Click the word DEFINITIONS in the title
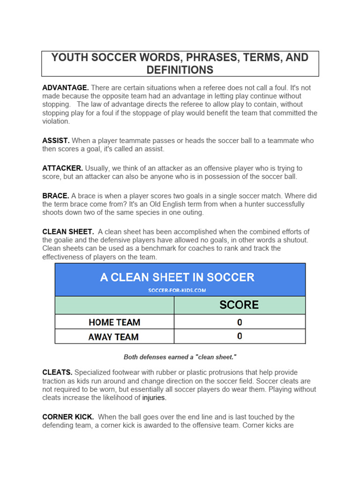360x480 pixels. pyautogui.click(x=180, y=70)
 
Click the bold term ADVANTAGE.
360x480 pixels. pyautogui.click(x=65, y=88)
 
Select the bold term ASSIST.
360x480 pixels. pyautogui.click(x=56, y=141)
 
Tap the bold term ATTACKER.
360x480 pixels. pyautogui.click(x=62, y=168)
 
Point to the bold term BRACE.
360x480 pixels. pyautogui.click(x=55, y=196)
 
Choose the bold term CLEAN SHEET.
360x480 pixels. pyautogui.click(x=68, y=232)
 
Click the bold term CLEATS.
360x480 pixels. pyautogui.click(x=57, y=373)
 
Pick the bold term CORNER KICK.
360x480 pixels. pyautogui.click(x=68, y=417)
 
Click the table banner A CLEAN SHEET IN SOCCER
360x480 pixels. pyautogui.click(x=177, y=277)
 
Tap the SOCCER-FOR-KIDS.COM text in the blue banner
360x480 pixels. pyautogui.click(x=177, y=290)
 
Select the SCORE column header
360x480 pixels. pyautogui.click(x=239, y=305)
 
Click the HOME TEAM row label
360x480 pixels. pyautogui.click(x=114, y=322)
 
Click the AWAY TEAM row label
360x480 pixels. pyautogui.click(x=113, y=337)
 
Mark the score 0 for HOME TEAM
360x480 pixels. pyautogui.click(x=240, y=322)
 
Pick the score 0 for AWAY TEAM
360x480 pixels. pyautogui.click(x=240, y=337)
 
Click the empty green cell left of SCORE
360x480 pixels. pyautogui.click(x=114, y=305)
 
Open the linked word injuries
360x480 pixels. pyautogui.click(x=154, y=398)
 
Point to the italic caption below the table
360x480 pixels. pyautogui.click(x=180, y=357)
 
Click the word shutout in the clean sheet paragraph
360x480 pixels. pyautogui.click(x=295, y=240)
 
